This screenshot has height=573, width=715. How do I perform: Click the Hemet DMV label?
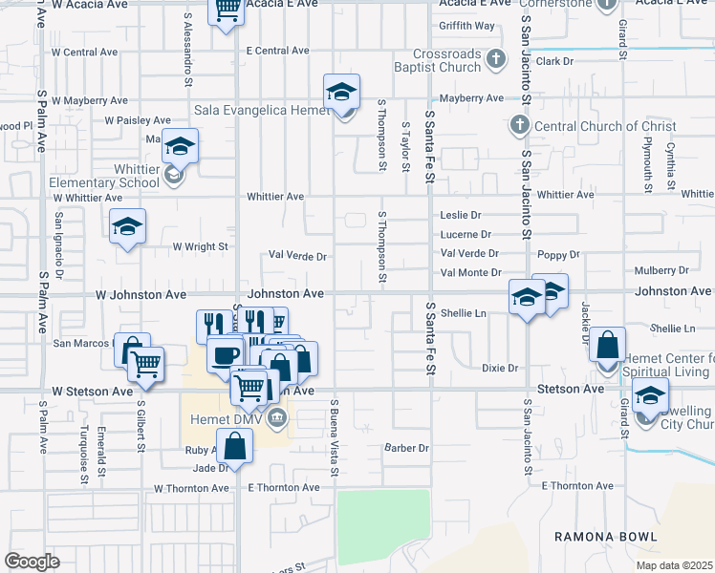coord(224,416)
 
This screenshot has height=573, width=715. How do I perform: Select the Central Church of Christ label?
coord(604,126)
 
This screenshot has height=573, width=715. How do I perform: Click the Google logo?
coord(32,562)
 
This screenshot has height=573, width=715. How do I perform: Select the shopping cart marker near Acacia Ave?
coord(227,11)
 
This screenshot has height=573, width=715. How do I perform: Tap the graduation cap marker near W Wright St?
coord(127,227)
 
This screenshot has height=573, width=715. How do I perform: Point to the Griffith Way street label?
coord(467,26)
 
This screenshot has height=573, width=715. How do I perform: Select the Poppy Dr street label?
coord(559,255)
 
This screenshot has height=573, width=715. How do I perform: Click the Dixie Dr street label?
coord(499,368)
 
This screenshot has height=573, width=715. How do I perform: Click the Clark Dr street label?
coord(553,61)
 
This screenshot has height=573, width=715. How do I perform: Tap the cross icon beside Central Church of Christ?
coord(519,125)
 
